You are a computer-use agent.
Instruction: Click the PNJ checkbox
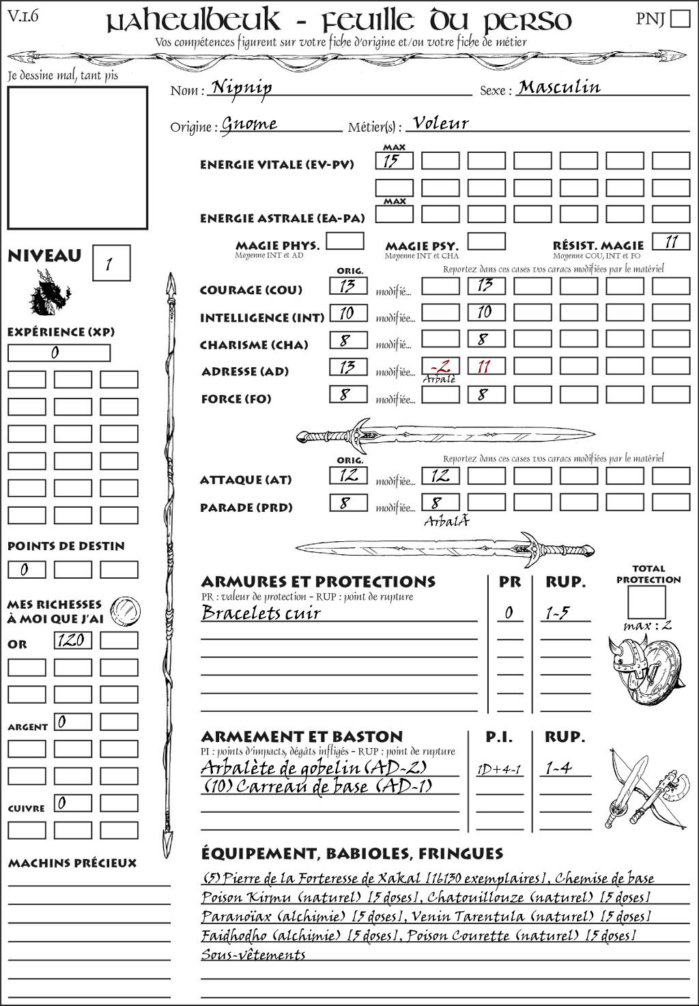680,18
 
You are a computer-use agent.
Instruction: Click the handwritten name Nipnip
242,87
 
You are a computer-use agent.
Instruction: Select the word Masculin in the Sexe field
559,87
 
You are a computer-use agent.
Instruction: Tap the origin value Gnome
250,124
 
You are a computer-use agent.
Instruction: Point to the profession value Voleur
441,124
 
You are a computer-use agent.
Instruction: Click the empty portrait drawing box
77,158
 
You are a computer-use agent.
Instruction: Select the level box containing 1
111,263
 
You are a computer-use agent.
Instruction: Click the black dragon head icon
50,292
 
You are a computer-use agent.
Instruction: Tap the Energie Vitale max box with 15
394,161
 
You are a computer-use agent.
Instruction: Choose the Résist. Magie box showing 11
671,242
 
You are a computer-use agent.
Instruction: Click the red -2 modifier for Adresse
440,366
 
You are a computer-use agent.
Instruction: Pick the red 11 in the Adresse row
486,367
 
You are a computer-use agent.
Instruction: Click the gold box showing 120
72,640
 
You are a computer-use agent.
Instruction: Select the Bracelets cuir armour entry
261,613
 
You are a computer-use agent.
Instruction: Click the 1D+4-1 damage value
499,770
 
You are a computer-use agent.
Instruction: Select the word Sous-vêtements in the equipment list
253,955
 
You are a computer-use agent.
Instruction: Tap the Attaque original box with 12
349,475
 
